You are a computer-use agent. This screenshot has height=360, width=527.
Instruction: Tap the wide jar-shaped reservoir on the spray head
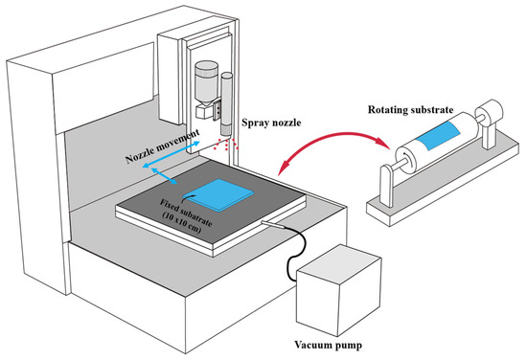click(x=205, y=80)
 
